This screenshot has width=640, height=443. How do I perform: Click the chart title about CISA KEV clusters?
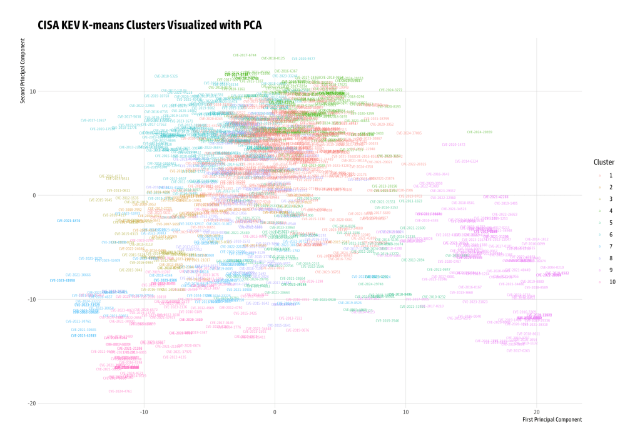click(x=149, y=25)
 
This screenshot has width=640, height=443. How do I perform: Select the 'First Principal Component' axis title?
click(x=552, y=419)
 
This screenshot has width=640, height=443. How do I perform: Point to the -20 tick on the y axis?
click(x=30, y=403)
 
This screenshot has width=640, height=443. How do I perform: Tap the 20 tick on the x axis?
click(x=536, y=411)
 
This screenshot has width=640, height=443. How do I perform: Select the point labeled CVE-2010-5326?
click(x=166, y=76)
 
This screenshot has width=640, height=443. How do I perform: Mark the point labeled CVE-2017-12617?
click(x=93, y=120)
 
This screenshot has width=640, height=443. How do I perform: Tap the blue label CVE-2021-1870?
click(x=68, y=221)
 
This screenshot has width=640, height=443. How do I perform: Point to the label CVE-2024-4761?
click(x=119, y=391)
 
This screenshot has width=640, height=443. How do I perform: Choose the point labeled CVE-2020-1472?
click(x=454, y=145)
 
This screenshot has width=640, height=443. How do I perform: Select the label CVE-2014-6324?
click(x=466, y=161)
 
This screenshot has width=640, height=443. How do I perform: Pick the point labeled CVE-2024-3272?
click(x=390, y=90)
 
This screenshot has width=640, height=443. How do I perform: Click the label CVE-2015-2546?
click(x=387, y=320)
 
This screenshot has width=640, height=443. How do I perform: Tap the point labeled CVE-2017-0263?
click(x=518, y=351)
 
